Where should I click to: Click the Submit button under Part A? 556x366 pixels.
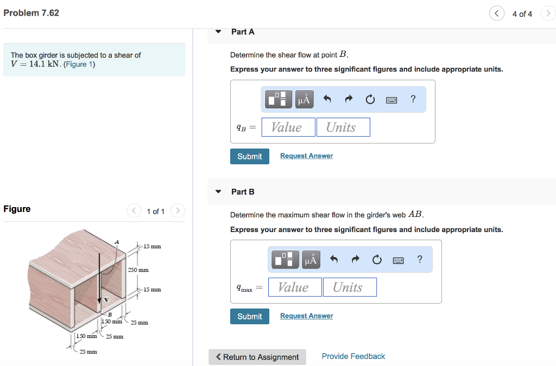tap(250, 156)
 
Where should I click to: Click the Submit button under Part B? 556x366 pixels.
tap(250, 316)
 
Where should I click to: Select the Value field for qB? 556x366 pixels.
tap(288, 127)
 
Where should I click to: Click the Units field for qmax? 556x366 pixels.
tap(350, 287)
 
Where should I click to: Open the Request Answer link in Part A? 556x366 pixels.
tap(306, 156)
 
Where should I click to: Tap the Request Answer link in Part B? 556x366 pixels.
tap(306, 316)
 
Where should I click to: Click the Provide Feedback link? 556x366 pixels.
tap(353, 356)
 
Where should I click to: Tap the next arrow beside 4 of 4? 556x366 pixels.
tap(547, 14)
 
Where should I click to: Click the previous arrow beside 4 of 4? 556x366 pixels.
tap(496, 14)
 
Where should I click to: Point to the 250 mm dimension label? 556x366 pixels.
tap(138, 269)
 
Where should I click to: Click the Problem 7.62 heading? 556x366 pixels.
tap(31, 13)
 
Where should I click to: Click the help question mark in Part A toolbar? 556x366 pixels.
tap(413, 99)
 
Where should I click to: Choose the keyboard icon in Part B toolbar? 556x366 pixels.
tap(398, 260)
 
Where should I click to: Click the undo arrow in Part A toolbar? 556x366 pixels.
tap(327, 99)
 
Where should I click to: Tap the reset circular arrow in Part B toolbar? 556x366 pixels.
tap(377, 260)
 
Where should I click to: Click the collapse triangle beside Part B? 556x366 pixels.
tap(218, 191)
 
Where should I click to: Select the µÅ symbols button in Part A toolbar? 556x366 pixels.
tap(304, 99)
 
